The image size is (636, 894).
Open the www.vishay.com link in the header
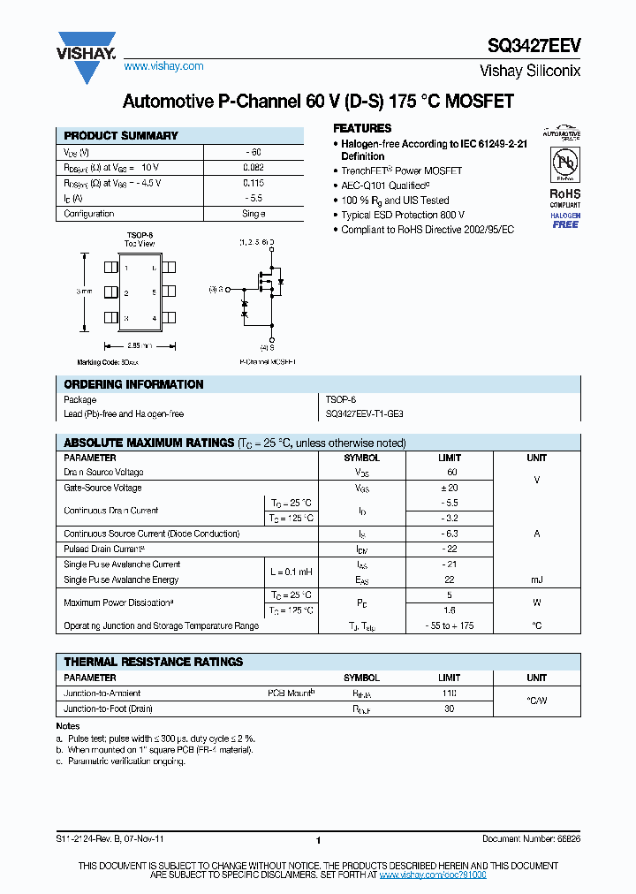pyautogui.click(x=163, y=66)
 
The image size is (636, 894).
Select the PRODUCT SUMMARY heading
pyautogui.click(x=121, y=136)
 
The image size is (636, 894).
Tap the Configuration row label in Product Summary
pyautogui.click(x=89, y=214)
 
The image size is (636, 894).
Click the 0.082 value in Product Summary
pyautogui.click(x=253, y=167)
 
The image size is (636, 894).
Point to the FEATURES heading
pyautogui.click(x=362, y=128)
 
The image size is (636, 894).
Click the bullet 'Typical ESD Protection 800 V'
pyautogui.click(x=403, y=215)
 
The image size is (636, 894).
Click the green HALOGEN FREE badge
pyautogui.click(x=564, y=220)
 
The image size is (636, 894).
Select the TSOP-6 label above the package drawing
pyautogui.click(x=140, y=235)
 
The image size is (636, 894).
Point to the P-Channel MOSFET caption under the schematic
pyautogui.click(x=268, y=362)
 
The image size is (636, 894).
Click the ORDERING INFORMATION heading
pyautogui.click(x=133, y=385)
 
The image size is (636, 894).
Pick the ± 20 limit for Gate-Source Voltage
pyautogui.click(x=449, y=488)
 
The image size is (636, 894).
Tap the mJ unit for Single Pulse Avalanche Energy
pyautogui.click(x=536, y=580)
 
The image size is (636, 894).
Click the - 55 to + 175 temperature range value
pyautogui.click(x=449, y=625)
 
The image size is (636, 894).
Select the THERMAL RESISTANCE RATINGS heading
pyautogui.click(x=153, y=662)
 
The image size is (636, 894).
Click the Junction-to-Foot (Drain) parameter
pyautogui.click(x=109, y=708)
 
